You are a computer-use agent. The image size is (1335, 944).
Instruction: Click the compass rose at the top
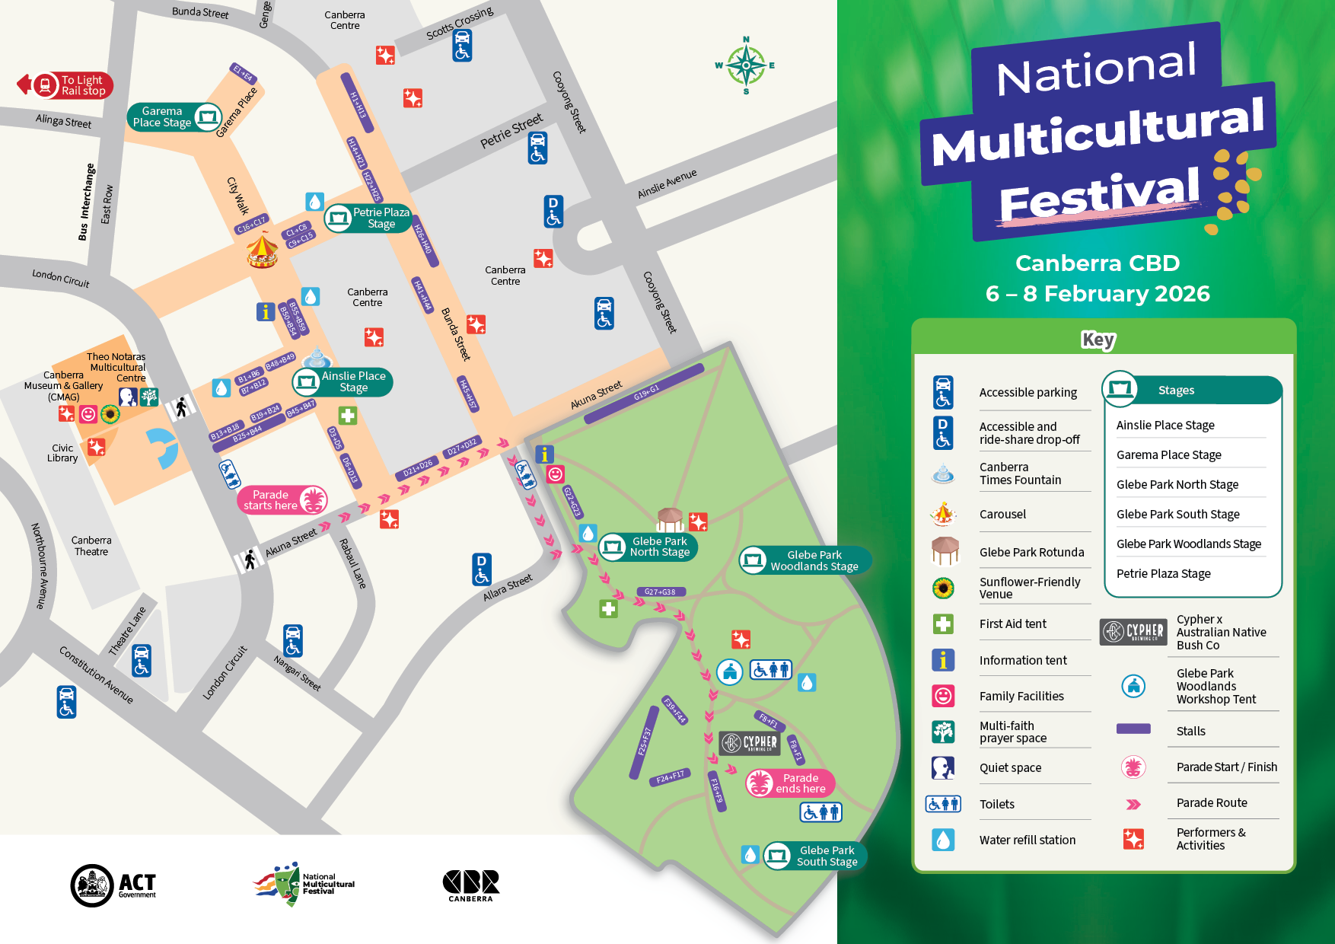746,65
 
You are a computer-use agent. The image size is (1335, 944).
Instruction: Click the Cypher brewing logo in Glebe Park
750,742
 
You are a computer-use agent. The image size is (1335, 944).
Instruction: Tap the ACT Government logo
113,885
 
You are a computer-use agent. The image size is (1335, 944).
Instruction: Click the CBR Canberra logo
470,885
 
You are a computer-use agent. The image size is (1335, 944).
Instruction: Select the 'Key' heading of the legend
1098,340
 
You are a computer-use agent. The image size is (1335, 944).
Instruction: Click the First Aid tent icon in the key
943,624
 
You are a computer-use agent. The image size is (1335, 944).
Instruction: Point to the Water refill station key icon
943,840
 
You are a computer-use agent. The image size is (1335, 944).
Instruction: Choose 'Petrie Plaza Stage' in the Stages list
1163,573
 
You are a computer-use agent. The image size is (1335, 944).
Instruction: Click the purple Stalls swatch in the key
1133,729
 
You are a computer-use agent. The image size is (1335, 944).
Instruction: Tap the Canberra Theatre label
91,546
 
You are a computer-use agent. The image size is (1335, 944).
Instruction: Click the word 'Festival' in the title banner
1098,194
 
